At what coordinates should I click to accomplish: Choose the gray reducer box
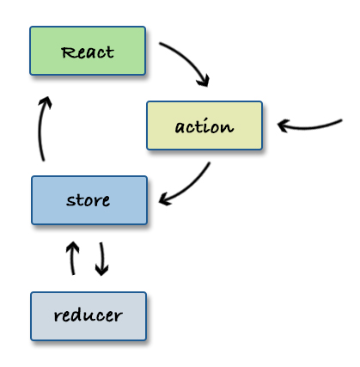(88, 315)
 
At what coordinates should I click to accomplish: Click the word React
(88, 52)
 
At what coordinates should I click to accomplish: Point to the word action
(204, 127)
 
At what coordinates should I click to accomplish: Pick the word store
(88, 201)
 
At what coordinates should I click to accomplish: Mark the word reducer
(88, 315)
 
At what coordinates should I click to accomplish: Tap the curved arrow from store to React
(41, 129)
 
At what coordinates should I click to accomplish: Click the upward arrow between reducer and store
(73, 257)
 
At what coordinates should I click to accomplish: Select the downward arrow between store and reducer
(102, 259)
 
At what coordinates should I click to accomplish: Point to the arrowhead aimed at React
(46, 101)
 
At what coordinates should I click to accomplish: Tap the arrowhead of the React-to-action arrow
(204, 82)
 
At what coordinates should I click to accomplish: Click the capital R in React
(66, 52)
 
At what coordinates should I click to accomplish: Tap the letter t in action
(203, 126)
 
